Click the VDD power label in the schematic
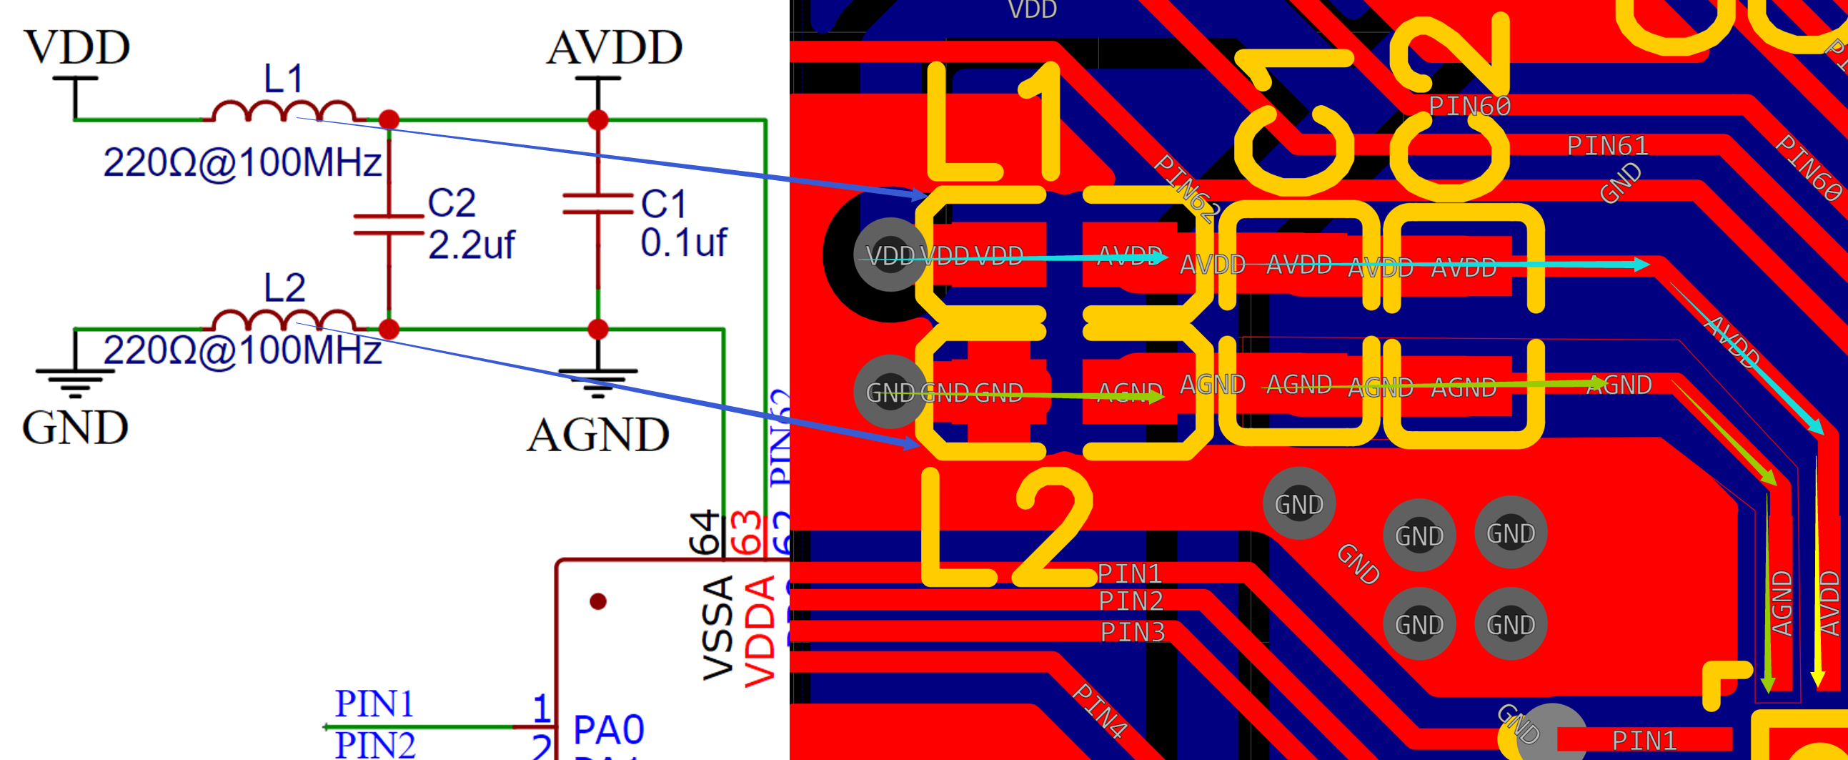[77, 48]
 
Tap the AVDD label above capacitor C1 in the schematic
[614, 48]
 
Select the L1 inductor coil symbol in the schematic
[284, 112]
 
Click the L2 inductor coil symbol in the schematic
[284, 321]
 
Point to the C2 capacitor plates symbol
[388, 224]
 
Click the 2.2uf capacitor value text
[471, 245]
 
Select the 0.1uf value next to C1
[683, 242]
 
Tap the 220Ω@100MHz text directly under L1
[242, 163]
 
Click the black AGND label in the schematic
[597, 435]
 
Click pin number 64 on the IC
[705, 533]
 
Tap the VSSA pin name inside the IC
[718, 628]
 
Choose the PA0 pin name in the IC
[608, 731]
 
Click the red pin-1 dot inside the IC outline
[597, 601]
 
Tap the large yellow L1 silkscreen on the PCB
[993, 122]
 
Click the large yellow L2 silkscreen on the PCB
[1004, 528]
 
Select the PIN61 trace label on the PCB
[1607, 146]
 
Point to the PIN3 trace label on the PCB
[1132, 632]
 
